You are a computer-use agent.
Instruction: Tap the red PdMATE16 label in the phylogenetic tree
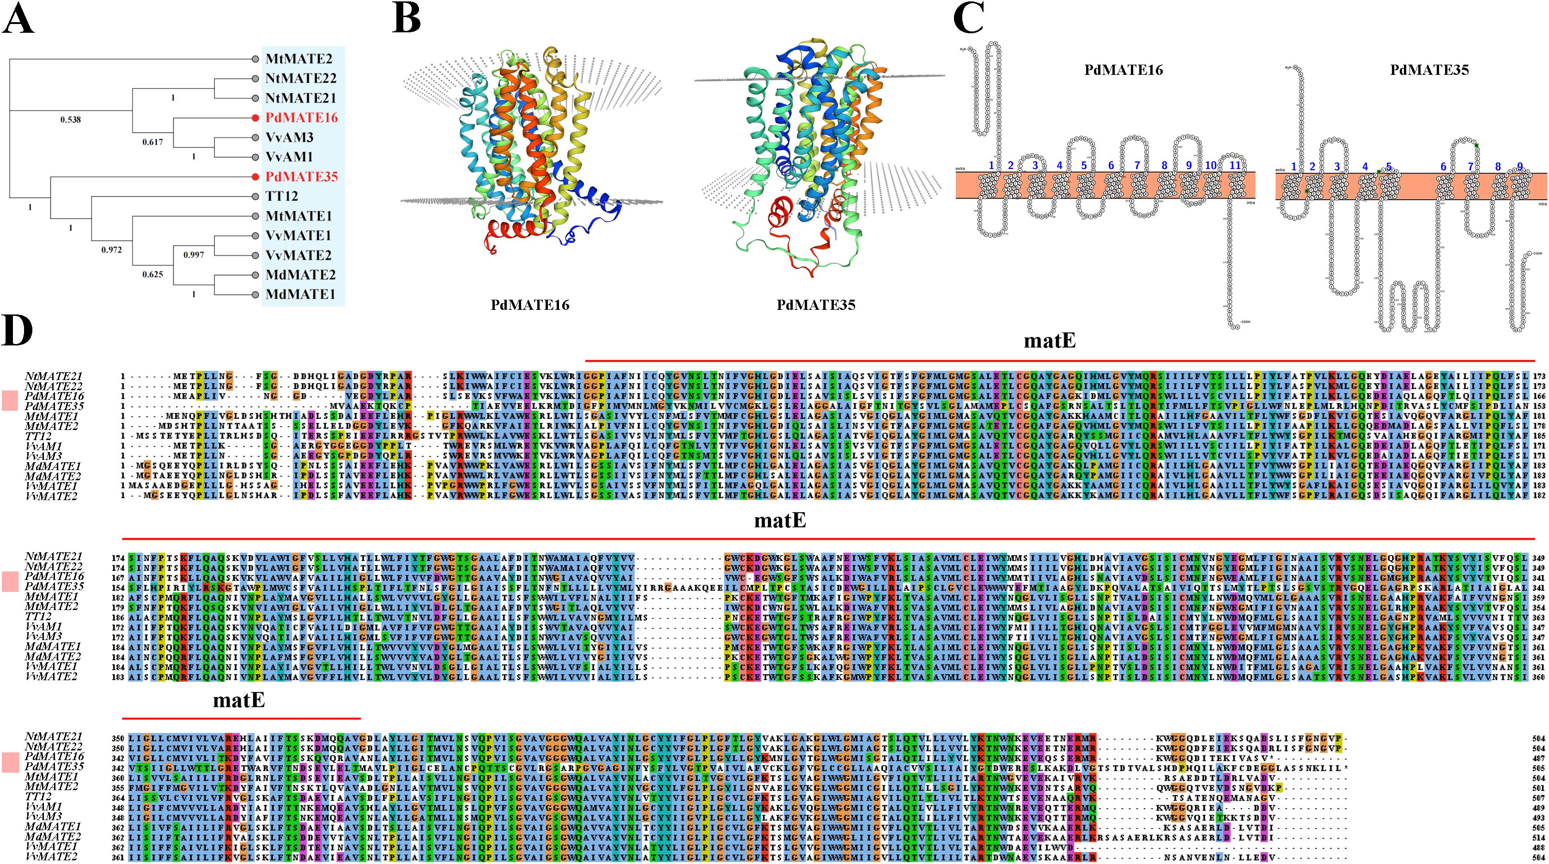pos(301,118)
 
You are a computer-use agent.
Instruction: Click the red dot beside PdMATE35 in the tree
pos(255,177)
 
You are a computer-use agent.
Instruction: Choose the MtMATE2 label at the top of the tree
pos(299,59)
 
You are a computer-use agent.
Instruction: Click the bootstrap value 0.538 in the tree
pos(70,120)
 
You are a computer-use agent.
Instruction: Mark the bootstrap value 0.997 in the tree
pos(193,255)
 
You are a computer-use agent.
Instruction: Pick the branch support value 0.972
pos(111,249)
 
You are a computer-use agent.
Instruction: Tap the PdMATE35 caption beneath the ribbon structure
pos(815,305)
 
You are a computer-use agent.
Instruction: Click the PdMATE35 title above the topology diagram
pos(1429,70)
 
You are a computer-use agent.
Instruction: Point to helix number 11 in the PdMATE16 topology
pos(1234,165)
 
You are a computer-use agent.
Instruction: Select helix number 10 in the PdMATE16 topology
pos(1210,165)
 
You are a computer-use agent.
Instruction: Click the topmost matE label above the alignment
pos(1049,341)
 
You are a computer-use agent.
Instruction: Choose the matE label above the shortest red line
pos(239,701)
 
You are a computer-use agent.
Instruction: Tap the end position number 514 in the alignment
pos(1537,837)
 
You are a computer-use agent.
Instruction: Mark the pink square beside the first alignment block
pos(10,401)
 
